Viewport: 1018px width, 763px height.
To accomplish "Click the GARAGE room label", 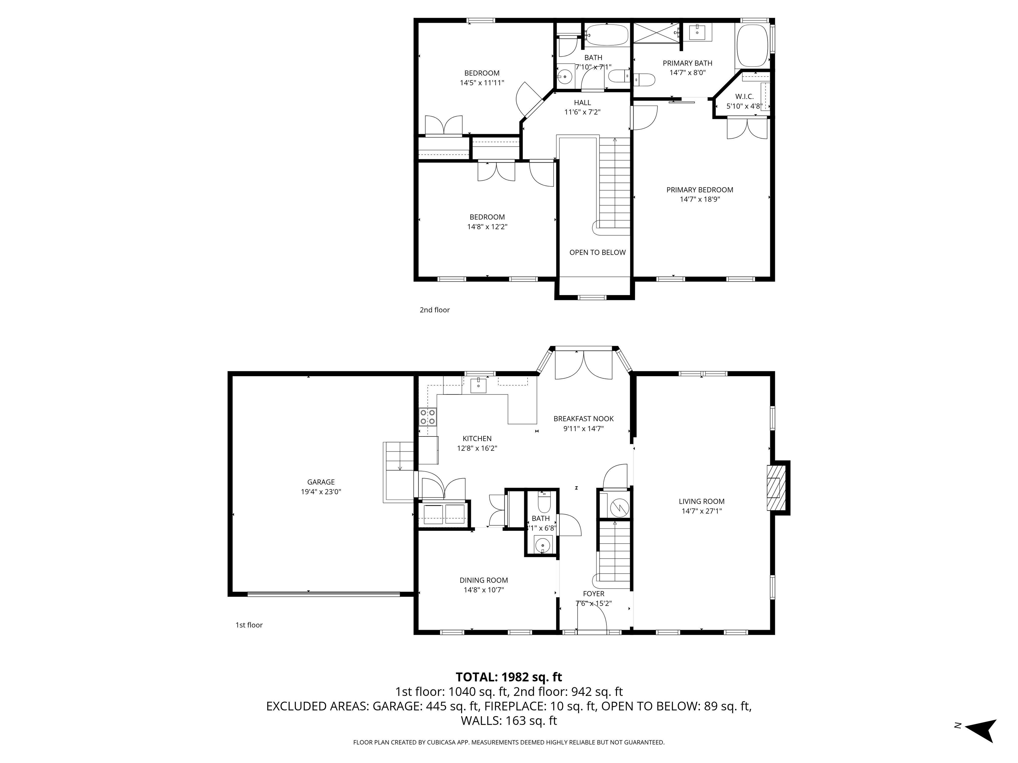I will [x=321, y=482].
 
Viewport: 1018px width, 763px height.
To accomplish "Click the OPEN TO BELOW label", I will [x=597, y=252].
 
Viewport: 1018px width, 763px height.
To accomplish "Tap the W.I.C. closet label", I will [x=744, y=97].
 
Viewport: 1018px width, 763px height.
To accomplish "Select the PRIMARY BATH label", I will [x=687, y=63].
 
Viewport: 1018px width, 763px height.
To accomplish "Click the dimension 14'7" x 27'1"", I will [x=702, y=511].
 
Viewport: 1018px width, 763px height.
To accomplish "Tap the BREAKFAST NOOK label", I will [x=583, y=419].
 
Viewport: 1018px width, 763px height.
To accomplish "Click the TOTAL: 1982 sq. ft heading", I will [x=509, y=677].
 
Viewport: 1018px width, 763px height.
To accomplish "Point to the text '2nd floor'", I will [x=434, y=310].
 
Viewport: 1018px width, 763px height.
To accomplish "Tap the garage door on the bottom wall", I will [x=323, y=594].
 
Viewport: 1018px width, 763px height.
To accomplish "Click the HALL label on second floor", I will [x=582, y=103].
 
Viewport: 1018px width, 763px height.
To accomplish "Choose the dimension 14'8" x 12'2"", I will [x=487, y=227].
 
